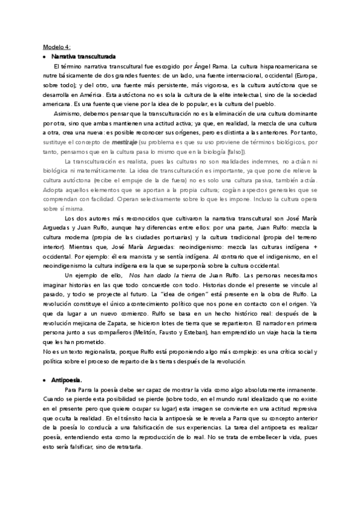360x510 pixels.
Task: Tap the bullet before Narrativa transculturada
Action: [x=44, y=56]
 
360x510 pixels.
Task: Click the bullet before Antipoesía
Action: [x=44, y=381]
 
